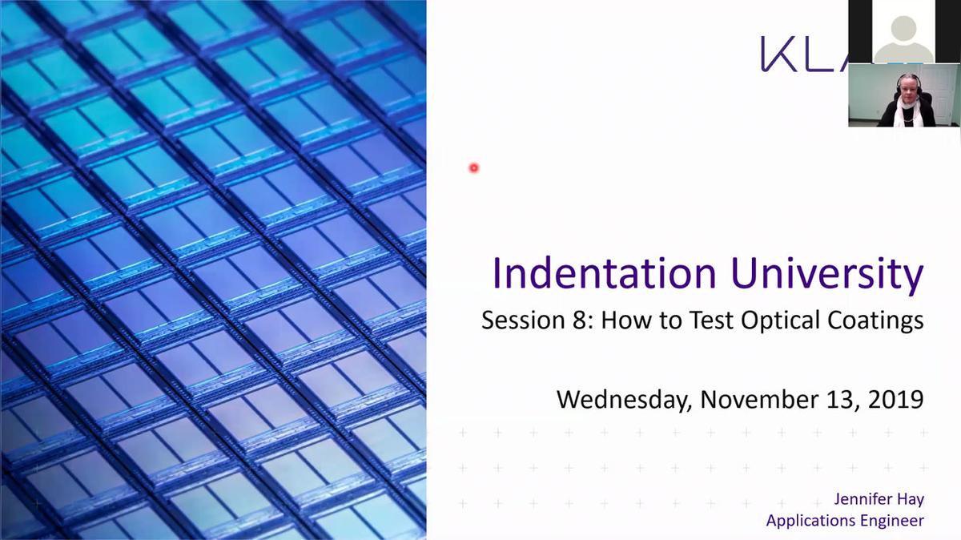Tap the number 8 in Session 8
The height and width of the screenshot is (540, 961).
(581, 320)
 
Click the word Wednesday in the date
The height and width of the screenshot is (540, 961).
(621, 398)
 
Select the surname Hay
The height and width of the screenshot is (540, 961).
(911, 500)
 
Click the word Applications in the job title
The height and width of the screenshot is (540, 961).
(811, 521)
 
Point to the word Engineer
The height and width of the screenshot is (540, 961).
(893, 521)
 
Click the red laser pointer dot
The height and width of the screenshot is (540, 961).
(474, 167)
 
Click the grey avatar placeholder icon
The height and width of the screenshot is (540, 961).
(903, 36)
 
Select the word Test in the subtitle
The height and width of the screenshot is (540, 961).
(691, 320)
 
